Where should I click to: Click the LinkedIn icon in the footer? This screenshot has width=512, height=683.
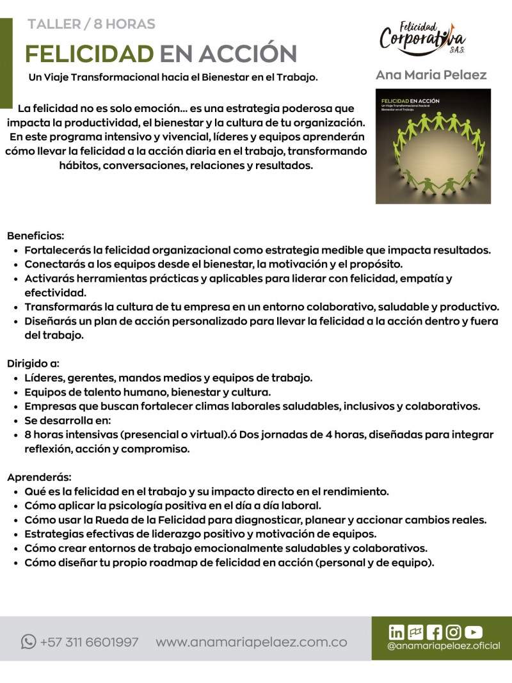coord(397,632)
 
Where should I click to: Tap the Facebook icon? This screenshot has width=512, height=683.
coord(434,632)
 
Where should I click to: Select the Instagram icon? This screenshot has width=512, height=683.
coord(453,632)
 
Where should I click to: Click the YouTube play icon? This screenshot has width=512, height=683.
coord(474,632)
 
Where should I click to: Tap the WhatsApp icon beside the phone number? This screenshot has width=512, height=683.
coord(28,641)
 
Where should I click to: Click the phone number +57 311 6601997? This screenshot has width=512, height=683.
coord(89,642)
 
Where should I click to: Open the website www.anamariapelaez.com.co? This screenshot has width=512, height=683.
coord(252,642)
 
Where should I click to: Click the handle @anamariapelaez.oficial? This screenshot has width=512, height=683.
coord(444,646)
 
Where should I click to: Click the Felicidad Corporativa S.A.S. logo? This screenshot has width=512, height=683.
coord(422,38)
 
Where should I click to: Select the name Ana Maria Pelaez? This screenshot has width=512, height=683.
coord(431,75)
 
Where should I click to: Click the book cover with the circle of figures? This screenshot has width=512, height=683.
coord(433,146)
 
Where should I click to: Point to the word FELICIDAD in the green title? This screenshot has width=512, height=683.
coord(89,54)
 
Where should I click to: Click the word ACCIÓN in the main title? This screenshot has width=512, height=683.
coord(247,54)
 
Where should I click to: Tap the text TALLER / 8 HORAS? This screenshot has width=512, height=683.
coord(92,24)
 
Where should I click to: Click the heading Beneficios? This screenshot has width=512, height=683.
coord(35,236)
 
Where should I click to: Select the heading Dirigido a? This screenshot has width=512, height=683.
coord(33,364)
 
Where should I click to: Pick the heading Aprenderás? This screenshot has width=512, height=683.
coord(39,478)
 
